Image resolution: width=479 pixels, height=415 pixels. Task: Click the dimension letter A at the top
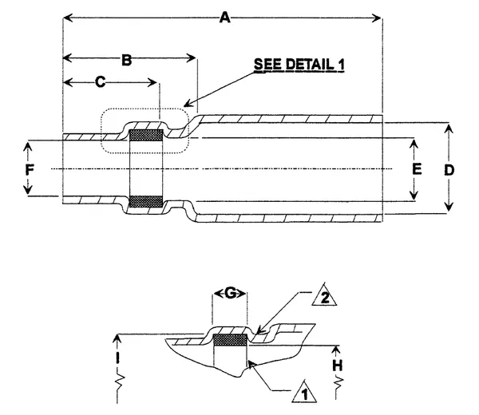[225, 17]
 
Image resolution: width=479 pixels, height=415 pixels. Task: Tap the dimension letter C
[100, 81]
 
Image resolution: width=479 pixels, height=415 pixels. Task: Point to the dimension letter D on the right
[450, 169]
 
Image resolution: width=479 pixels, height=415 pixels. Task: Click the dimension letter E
[415, 169]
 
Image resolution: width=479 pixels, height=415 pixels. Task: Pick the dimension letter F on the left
[28, 169]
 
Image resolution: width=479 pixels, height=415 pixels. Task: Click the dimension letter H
[338, 363]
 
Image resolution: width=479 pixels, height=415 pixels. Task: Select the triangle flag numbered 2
[323, 300]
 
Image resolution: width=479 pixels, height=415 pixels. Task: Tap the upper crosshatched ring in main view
[146, 134]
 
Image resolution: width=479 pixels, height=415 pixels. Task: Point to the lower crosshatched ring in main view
[146, 200]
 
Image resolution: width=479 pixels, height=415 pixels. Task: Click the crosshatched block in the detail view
[232, 341]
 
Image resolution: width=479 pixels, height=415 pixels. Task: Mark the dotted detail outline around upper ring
[144, 109]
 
